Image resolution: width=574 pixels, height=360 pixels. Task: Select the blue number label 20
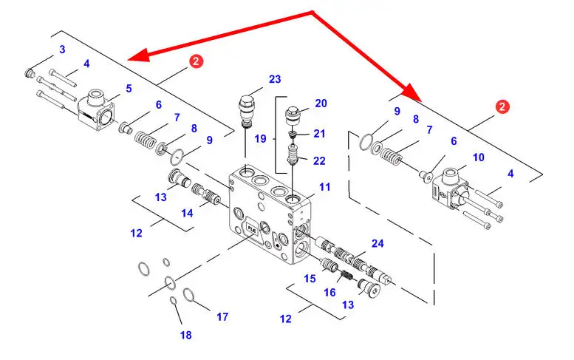[321, 103]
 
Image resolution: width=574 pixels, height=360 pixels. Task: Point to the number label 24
[377, 243]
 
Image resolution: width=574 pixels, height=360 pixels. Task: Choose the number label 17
[222, 317]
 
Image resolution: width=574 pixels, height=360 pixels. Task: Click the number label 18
[185, 335]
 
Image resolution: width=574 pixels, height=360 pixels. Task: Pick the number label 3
[62, 50]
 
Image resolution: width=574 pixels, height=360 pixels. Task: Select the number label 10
[478, 157]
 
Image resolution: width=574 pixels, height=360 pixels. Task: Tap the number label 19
[260, 138]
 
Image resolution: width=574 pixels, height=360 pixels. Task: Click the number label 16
[330, 293]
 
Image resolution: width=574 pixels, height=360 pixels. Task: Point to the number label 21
[319, 133]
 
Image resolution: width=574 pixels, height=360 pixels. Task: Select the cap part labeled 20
[295, 116]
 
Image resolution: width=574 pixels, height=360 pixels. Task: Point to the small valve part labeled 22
[293, 157]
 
